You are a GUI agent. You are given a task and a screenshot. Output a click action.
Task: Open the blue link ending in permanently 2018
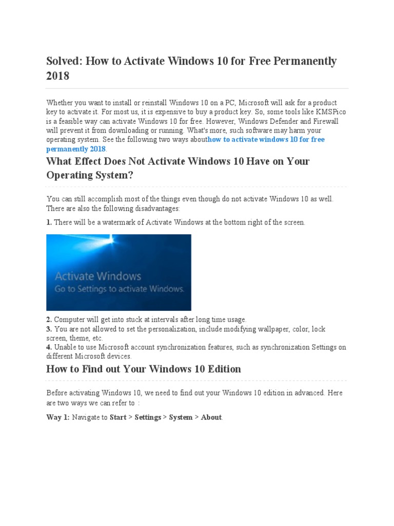(x=75, y=149)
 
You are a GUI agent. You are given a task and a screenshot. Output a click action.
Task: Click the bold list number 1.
(x=49, y=222)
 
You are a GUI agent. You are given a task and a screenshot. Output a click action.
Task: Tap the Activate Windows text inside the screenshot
(x=97, y=277)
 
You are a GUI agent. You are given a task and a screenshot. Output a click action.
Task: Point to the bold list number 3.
(x=49, y=329)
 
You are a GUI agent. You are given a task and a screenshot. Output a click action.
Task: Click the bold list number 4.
(x=49, y=347)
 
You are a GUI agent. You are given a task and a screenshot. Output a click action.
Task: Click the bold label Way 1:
(x=58, y=417)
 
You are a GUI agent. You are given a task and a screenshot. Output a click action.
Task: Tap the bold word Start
(x=118, y=417)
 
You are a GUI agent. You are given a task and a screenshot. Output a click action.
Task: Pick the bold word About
(x=211, y=417)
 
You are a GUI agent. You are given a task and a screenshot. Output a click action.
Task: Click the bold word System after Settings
(x=181, y=417)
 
